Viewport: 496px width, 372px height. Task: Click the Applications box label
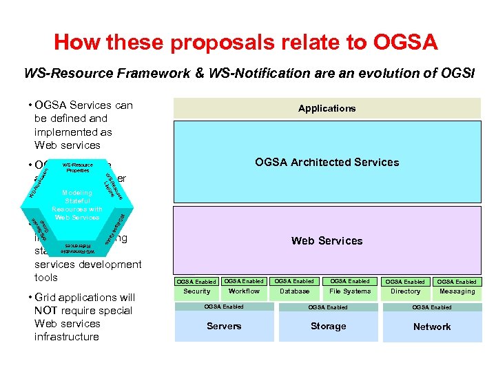[x=327, y=108]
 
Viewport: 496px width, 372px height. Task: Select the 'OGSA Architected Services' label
[x=327, y=163]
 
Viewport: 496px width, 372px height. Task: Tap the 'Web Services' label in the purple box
[x=327, y=240]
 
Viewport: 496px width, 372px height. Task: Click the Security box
[x=197, y=291]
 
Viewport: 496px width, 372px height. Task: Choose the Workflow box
[x=244, y=291]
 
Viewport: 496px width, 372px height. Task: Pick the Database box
[x=294, y=291]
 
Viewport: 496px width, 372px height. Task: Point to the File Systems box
[x=350, y=291]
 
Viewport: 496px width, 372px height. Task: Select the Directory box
[x=405, y=291]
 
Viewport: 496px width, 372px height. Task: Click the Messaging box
[x=457, y=291]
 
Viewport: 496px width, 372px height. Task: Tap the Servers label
[x=224, y=326]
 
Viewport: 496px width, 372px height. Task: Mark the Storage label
[x=328, y=326]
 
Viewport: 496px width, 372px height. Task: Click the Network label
[x=432, y=327]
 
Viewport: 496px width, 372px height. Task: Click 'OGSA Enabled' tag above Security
[x=196, y=281]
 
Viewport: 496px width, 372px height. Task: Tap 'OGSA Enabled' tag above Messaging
[x=457, y=281]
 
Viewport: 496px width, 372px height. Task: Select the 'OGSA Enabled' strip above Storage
[x=328, y=307]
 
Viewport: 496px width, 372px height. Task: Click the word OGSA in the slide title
[x=404, y=43]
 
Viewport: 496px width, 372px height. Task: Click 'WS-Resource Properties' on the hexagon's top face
[x=77, y=167]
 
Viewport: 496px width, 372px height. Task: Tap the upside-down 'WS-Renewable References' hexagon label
[x=78, y=248]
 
